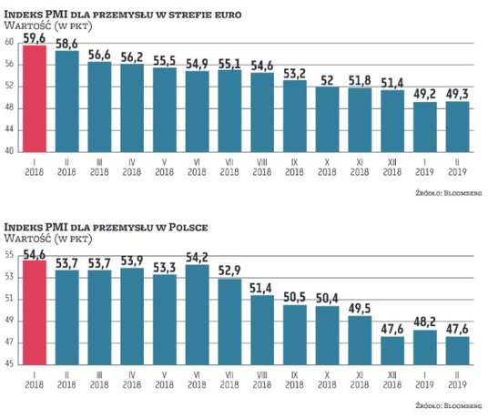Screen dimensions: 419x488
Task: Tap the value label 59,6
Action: pos(34,37)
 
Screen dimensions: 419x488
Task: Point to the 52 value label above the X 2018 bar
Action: pos(327,79)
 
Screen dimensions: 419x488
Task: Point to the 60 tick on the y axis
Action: pos(8,43)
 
